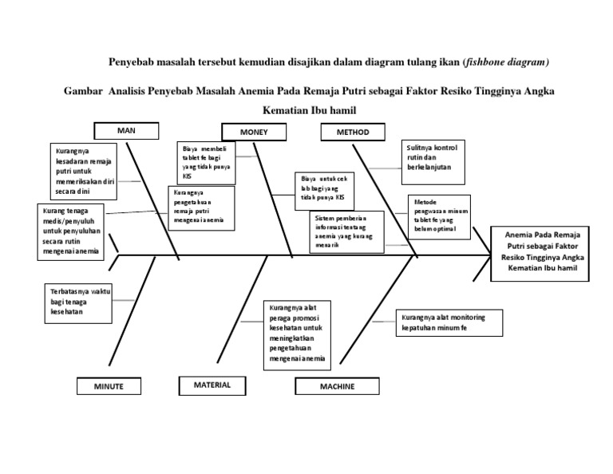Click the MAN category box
pos(127,130)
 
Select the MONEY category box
pos(255,132)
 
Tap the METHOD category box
pos(352,132)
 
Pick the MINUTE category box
pos(109,386)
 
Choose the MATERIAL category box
pos(212,385)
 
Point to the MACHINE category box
pos(338,387)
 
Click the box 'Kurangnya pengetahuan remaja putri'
pos(201,207)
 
